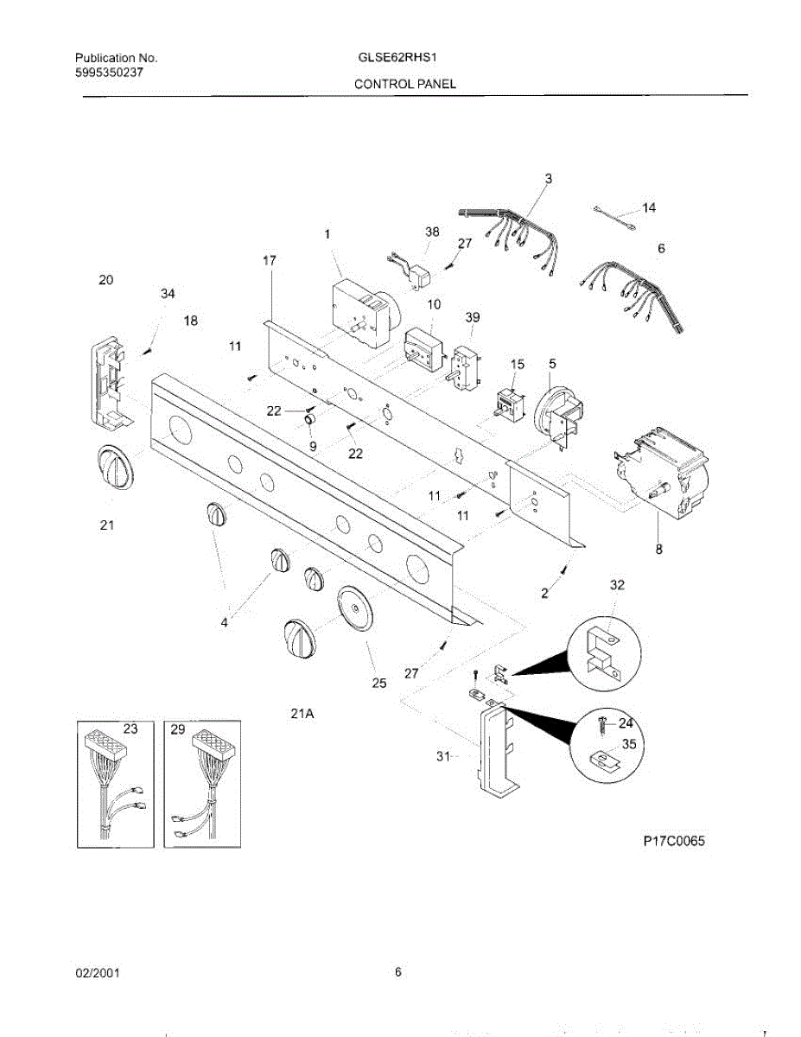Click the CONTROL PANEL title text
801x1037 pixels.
[x=404, y=84]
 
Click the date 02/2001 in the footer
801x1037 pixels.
[x=97, y=973]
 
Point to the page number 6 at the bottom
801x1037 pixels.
[x=398, y=972]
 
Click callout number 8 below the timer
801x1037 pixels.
[x=658, y=549]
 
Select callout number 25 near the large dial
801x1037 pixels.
[x=378, y=684]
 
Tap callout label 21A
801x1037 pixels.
[x=302, y=714]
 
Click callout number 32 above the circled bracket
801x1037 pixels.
[x=616, y=585]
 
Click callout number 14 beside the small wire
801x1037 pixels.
[x=648, y=207]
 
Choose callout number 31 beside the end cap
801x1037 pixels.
[x=443, y=756]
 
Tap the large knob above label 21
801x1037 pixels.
[x=113, y=470]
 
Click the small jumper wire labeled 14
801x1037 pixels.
[x=614, y=216]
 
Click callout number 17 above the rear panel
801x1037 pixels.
[x=270, y=259]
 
